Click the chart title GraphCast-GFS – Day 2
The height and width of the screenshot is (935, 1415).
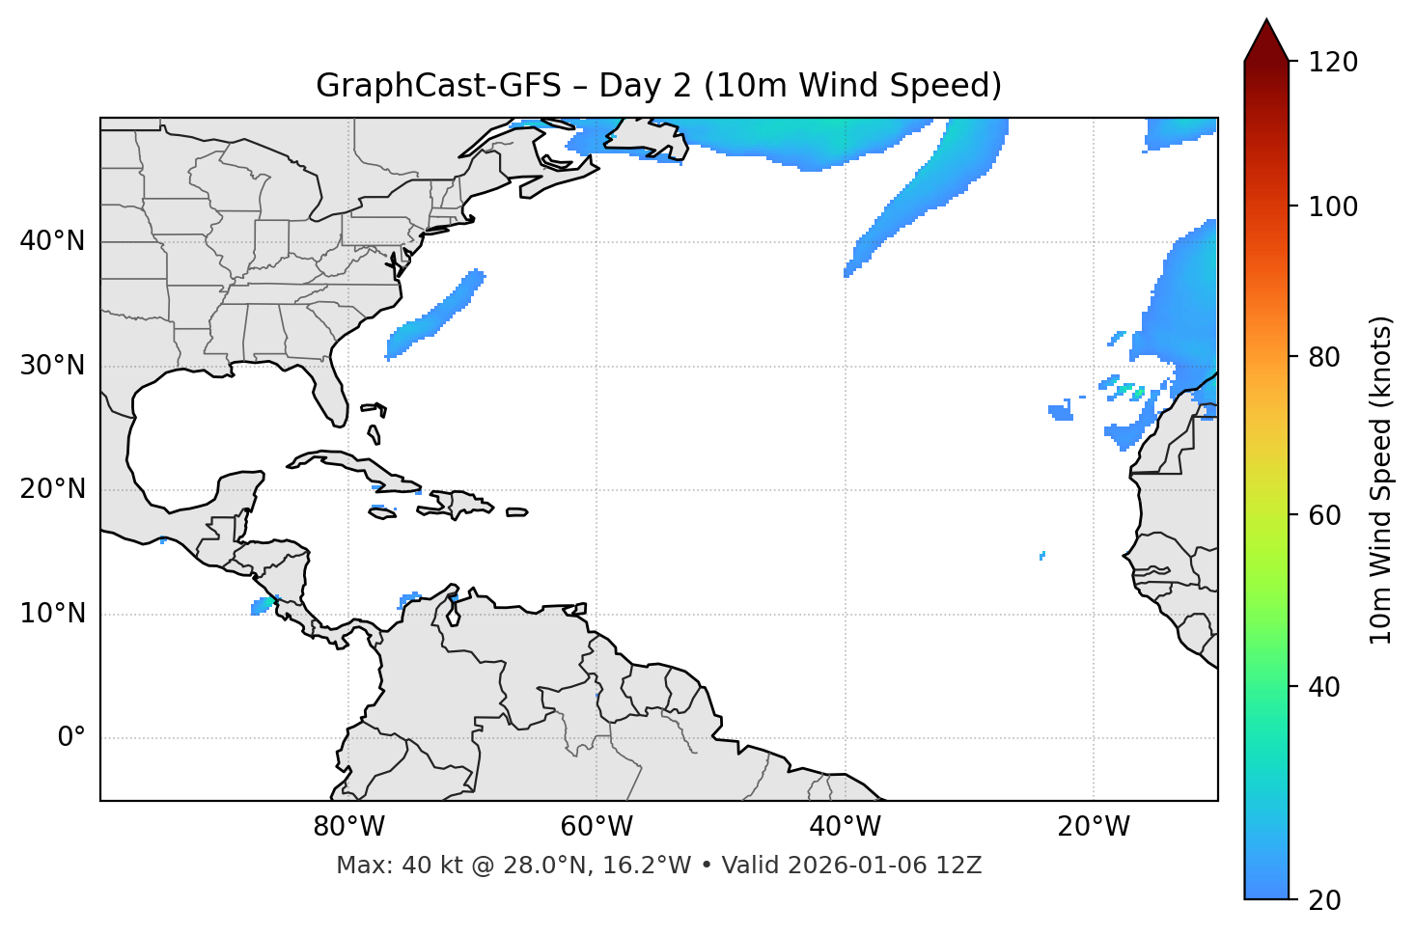click(658, 86)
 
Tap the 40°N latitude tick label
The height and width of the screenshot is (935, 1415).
click(52, 240)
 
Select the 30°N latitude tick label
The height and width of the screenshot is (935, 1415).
click(52, 366)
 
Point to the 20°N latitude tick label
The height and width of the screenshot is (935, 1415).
click(52, 489)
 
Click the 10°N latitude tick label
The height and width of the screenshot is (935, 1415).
click(52, 614)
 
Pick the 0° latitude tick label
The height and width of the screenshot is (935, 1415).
click(70, 738)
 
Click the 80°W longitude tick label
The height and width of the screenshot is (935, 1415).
click(348, 827)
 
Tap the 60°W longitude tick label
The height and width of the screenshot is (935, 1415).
click(597, 827)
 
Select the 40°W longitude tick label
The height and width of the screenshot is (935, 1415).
click(845, 827)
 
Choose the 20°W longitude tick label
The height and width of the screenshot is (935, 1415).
click(1093, 827)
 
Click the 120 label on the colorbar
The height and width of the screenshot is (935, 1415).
click(1333, 63)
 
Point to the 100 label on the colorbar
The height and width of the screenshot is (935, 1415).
click(1333, 206)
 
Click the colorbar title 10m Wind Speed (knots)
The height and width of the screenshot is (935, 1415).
click(1381, 480)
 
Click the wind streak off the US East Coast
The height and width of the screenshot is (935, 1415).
click(434, 316)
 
